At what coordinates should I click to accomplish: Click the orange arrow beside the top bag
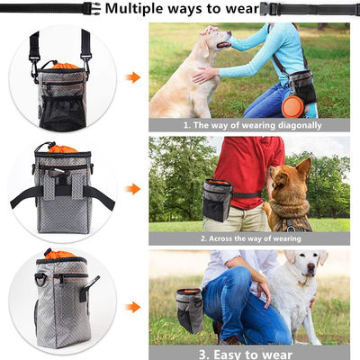pos(133,77)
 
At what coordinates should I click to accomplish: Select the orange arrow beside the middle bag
pos(133,189)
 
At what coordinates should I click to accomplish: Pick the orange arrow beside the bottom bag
pos(133,307)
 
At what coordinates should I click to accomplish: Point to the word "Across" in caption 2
pos(220,238)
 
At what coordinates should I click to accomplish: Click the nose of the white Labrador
pos(311,266)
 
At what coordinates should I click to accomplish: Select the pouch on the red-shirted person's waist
pos(218,200)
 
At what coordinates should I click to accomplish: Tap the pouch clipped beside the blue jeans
pos(190,310)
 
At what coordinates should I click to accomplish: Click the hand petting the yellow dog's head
pos(210,31)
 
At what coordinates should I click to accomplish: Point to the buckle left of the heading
pos(92,8)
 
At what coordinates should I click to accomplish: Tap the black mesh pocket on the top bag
pos(63,113)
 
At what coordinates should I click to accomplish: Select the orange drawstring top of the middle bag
pos(62,148)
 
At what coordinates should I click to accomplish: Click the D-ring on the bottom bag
pos(40,280)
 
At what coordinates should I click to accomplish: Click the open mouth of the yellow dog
pos(224,45)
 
